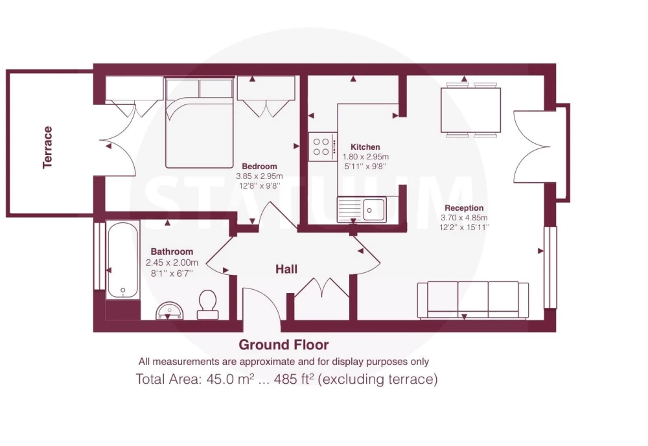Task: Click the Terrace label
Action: [47, 147]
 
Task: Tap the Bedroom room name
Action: [259, 166]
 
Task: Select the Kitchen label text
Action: [365, 147]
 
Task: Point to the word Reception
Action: [464, 208]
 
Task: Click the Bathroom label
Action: [172, 252]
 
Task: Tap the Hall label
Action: [286, 269]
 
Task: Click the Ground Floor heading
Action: [284, 344]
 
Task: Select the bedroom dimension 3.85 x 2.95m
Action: [260, 176]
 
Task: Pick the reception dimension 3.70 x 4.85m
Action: [464, 217]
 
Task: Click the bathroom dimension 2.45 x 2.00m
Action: [172, 263]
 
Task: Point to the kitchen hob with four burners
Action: [323, 147]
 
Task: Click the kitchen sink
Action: [362, 209]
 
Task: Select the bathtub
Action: [122, 260]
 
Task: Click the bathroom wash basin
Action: [169, 311]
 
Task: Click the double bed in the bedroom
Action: [200, 123]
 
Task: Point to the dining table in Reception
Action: [470, 110]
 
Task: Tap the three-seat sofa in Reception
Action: [473, 300]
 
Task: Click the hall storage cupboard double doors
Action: [322, 288]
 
